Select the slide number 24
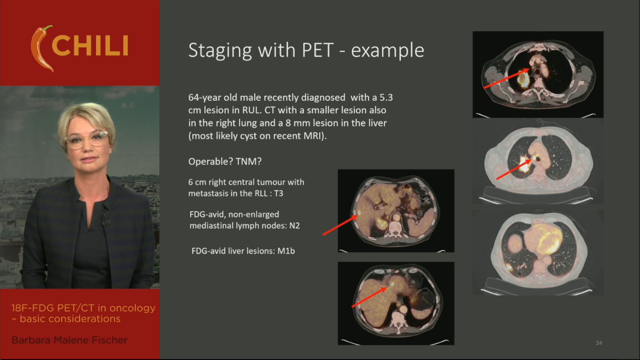click(x=599, y=343)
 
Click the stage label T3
click(x=278, y=194)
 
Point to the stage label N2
click(x=294, y=226)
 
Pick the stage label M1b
click(x=286, y=251)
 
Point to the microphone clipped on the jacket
click(x=105, y=220)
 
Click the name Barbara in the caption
click(x=31, y=340)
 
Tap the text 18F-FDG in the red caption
click(x=32, y=308)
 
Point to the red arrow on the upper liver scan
click(x=340, y=225)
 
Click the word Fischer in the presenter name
click(x=110, y=340)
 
